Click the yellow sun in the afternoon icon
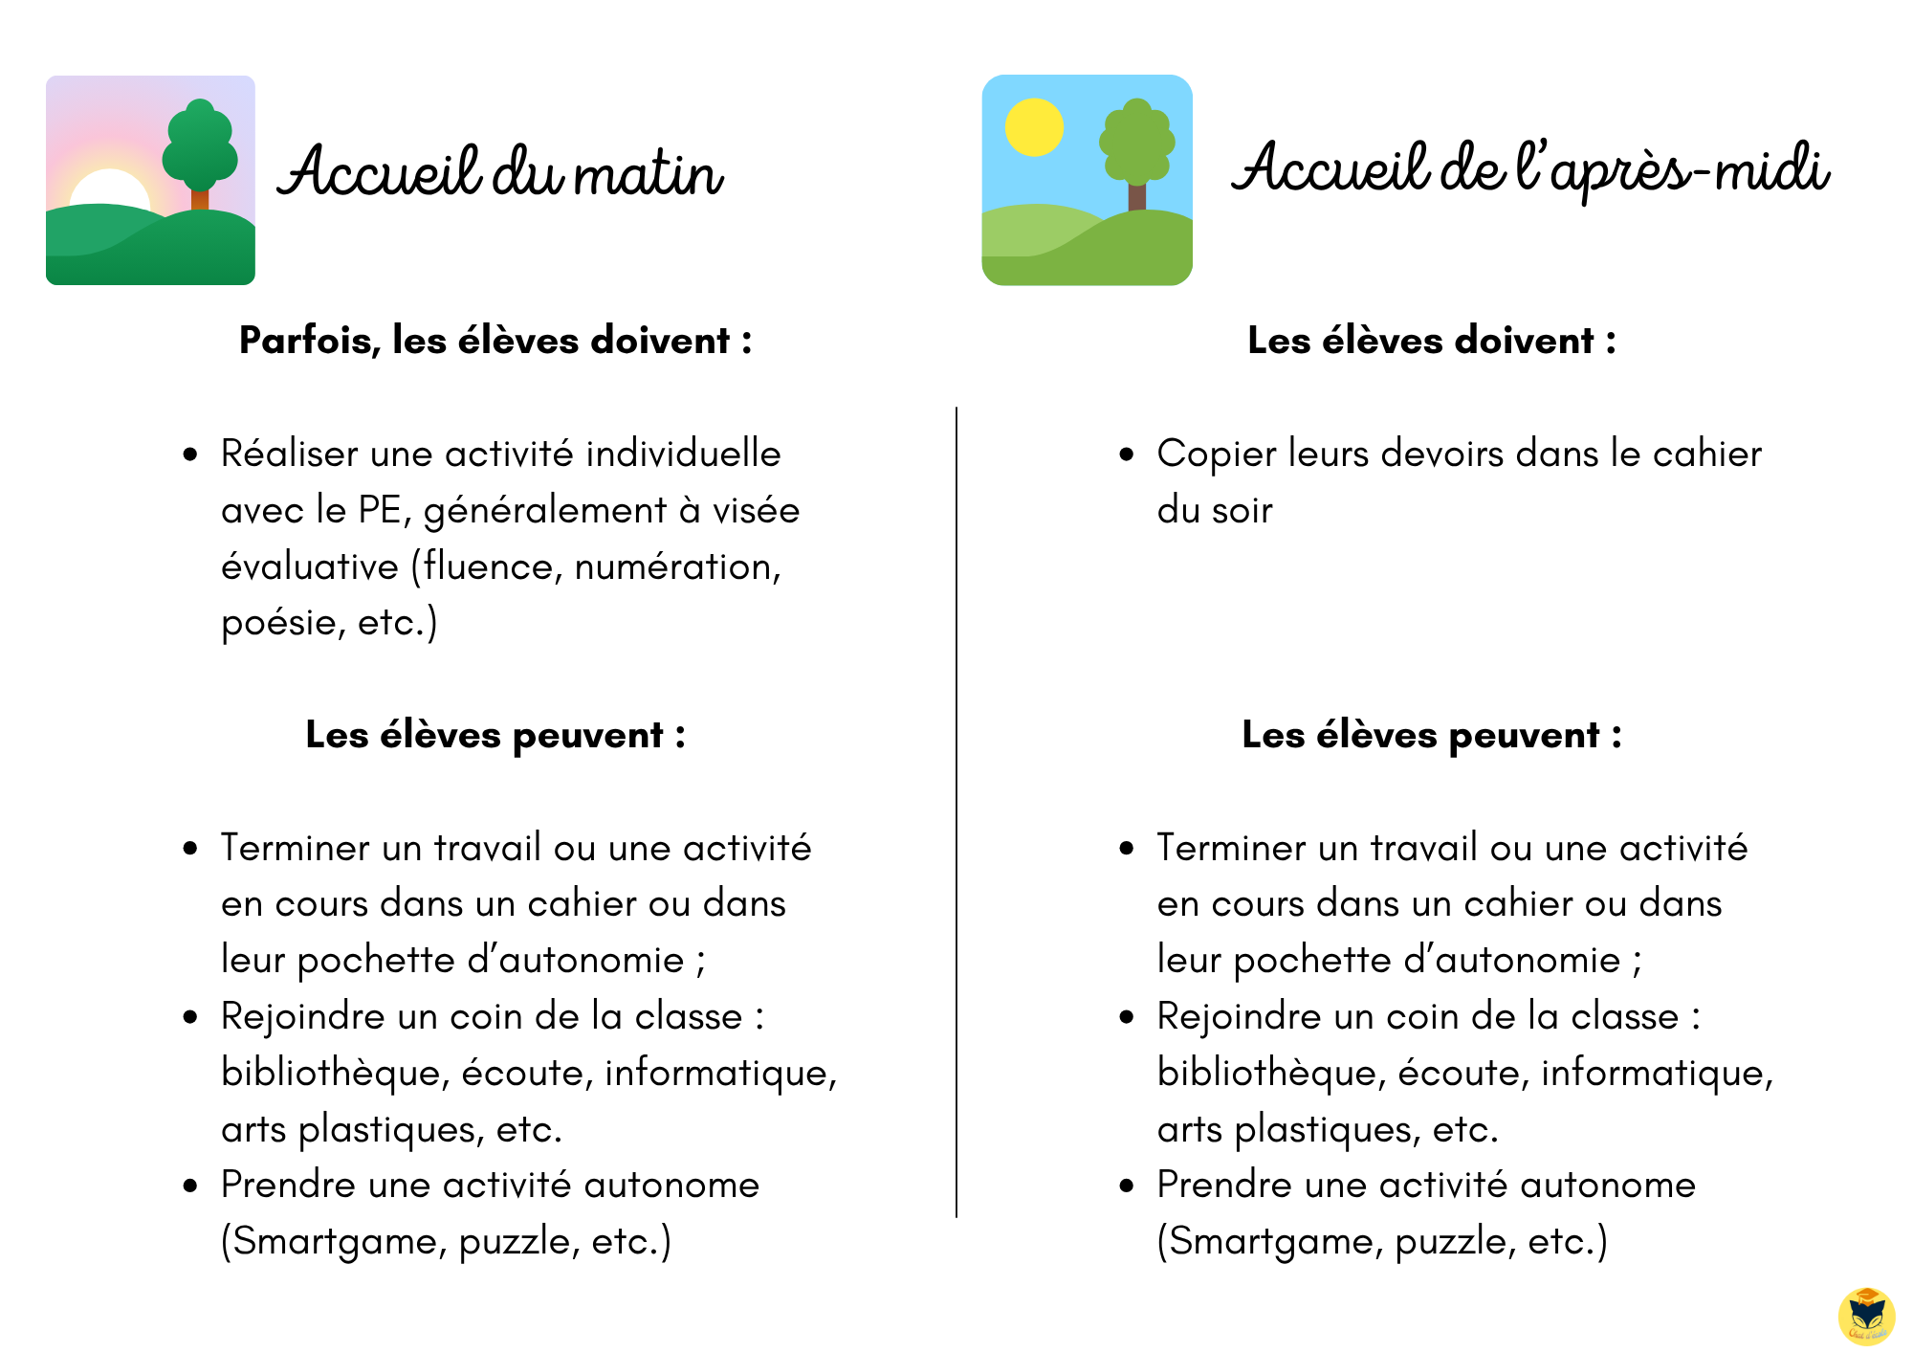1034,127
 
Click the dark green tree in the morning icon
199,148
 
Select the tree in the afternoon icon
1136,148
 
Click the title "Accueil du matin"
500,172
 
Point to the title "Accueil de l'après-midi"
1529,169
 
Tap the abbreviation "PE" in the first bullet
379,510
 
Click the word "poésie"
278,623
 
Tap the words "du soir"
1214,510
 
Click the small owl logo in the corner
1866,1316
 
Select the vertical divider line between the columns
956,813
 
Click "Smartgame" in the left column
338,1242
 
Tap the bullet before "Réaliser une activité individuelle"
190,455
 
